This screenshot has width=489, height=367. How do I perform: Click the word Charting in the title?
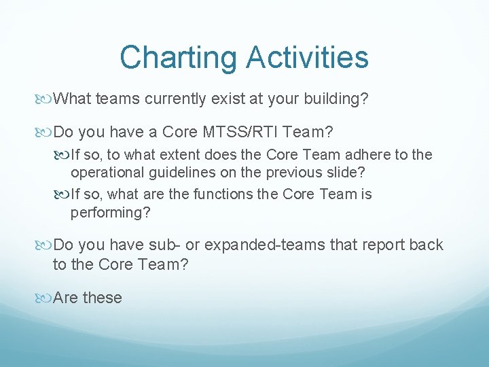179,58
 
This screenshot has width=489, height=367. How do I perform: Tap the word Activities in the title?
308,58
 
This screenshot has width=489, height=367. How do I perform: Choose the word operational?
109,173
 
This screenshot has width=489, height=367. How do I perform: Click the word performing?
110,212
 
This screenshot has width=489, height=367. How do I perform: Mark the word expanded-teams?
268,245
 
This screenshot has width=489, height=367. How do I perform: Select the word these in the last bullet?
102,298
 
